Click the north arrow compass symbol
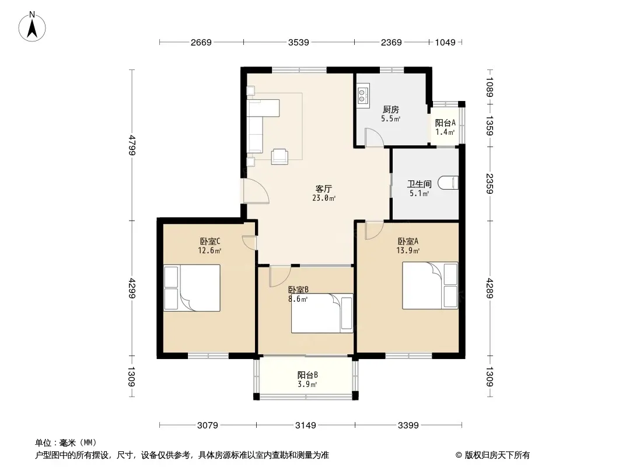point(32,27)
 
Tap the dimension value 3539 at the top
point(298,42)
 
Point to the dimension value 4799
point(132,145)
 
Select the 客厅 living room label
point(324,189)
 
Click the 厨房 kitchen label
point(391,109)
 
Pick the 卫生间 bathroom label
point(420,184)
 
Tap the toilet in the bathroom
point(448,183)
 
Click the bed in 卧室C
point(192,288)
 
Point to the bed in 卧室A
point(430,285)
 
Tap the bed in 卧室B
point(322,313)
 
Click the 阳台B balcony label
point(307,375)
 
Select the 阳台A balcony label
point(445,123)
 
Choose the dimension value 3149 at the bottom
point(305,426)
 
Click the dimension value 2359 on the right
point(490,184)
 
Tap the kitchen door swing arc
point(375,137)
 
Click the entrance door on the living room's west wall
point(256,191)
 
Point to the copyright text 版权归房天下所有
point(497,455)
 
